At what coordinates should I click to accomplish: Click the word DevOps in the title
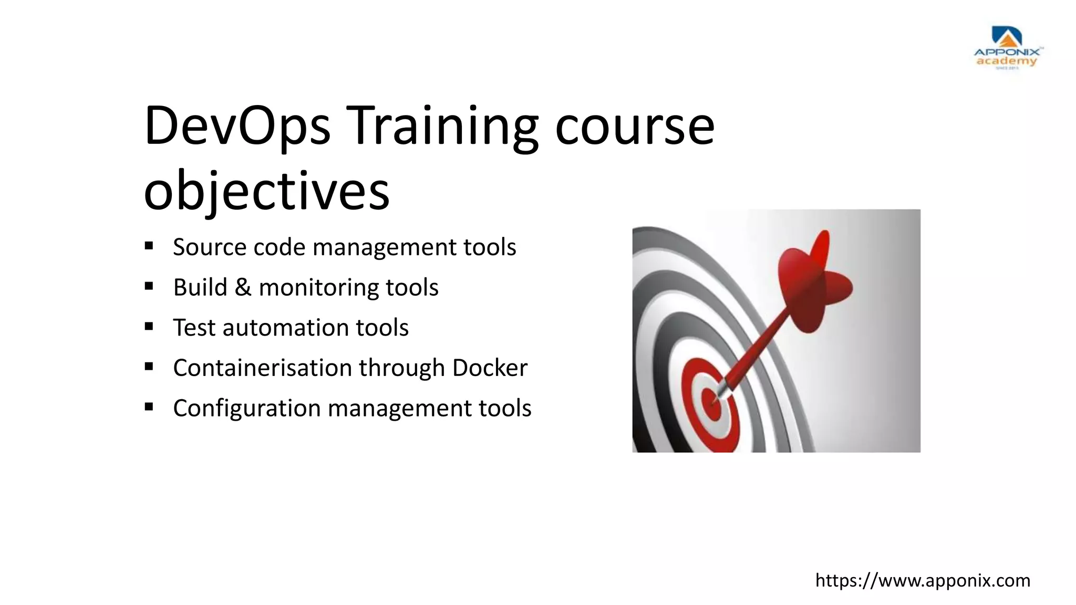(237, 126)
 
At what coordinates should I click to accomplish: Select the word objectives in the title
(266, 190)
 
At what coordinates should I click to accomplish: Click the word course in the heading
(635, 126)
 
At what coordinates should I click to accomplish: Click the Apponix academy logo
(1006, 48)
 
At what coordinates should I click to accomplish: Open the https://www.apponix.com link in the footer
(923, 580)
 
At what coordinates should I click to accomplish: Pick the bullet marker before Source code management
(149, 246)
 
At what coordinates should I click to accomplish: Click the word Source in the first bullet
(209, 247)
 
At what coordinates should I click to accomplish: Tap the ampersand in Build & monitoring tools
(242, 287)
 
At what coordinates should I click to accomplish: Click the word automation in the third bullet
(285, 328)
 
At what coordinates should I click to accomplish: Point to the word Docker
(490, 368)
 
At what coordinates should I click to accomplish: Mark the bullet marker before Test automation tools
(149, 327)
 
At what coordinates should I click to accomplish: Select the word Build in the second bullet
(200, 287)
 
